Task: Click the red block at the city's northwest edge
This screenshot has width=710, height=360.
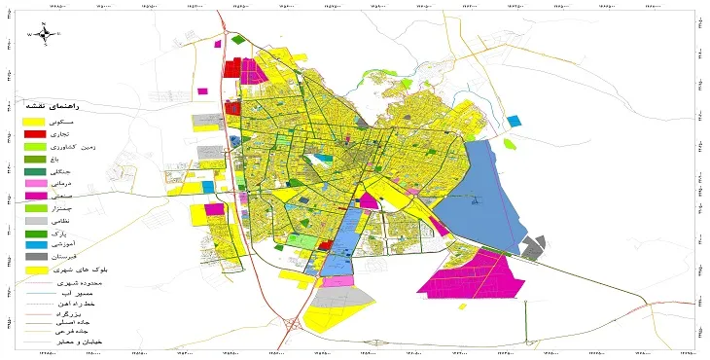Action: click(231, 69)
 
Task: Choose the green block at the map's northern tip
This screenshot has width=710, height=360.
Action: click(239, 40)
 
